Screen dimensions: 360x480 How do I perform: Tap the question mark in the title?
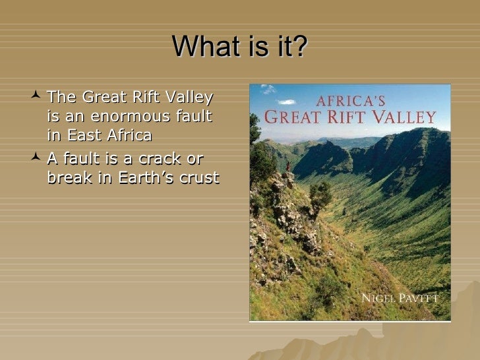pyautogui.click(x=301, y=47)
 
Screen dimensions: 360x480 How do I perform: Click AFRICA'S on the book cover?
pyautogui.click(x=350, y=102)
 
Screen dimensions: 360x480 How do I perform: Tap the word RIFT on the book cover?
pyautogui.click(x=356, y=119)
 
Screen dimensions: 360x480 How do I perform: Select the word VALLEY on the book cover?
pyautogui.click(x=408, y=119)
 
